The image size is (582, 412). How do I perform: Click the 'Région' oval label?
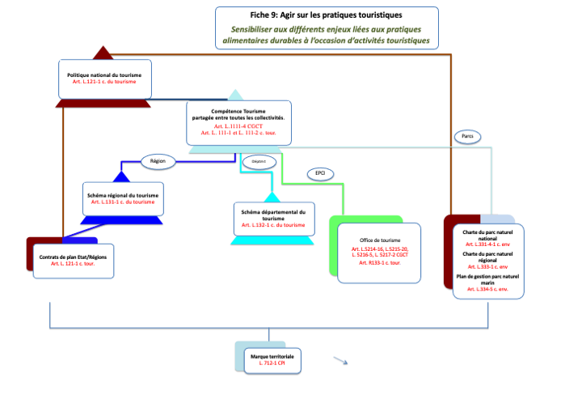[158, 161]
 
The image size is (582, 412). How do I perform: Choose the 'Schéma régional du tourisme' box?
[122, 198]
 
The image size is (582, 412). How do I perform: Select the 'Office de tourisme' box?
[380, 251]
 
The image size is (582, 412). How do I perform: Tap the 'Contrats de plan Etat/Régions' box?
[73, 260]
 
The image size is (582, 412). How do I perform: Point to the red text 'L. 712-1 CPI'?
[272, 364]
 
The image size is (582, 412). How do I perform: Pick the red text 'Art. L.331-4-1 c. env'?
[492, 243]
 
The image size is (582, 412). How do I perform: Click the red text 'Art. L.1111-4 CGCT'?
[238, 126]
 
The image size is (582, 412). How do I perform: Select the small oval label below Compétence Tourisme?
[254, 160]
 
